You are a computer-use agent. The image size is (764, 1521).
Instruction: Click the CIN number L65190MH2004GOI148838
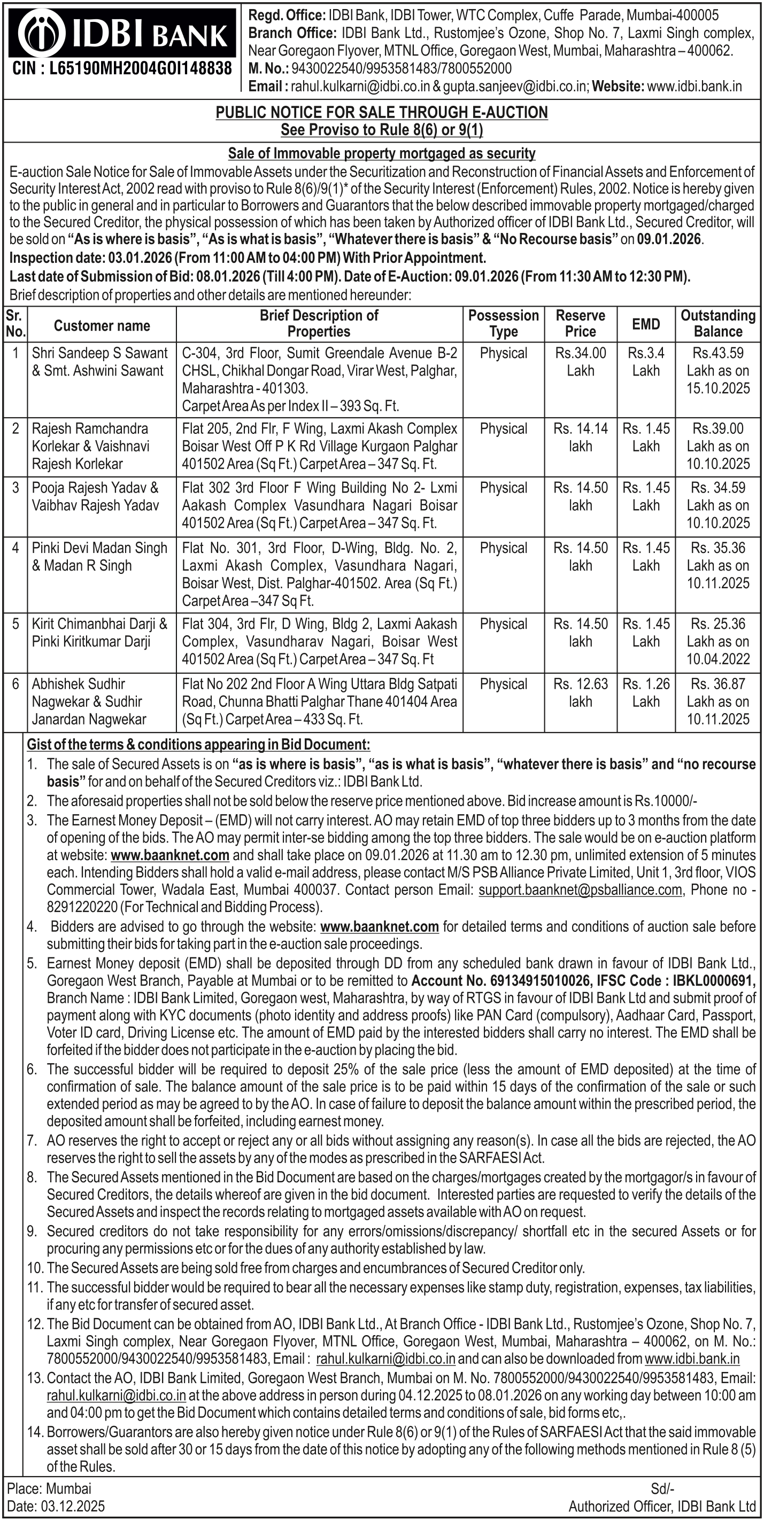pyautogui.click(x=122, y=69)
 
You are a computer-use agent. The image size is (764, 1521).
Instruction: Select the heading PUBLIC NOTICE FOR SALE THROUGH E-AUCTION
pyautogui.click(x=382, y=112)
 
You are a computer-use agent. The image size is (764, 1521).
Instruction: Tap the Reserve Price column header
pyautogui.click(x=580, y=324)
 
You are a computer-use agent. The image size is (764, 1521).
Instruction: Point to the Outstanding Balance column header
pyautogui.click(x=718, y=324)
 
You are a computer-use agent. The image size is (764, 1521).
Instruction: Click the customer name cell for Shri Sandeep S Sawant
pyautogui.click(x=100, y=362)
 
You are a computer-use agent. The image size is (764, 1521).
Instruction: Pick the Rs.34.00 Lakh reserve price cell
pyautogui.click(x=580, y=362)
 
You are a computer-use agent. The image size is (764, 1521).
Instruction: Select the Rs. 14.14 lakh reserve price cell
pyautogui.click(x=580, y=438)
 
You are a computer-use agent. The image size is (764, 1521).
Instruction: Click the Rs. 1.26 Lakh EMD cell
pyautogui.click(x=646, y=692)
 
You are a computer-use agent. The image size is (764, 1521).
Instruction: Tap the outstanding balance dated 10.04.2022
pyautogui.click(x=718, y=641)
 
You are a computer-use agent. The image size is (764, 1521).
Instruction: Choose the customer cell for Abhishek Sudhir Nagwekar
pyautogui.click(x=89, y=701)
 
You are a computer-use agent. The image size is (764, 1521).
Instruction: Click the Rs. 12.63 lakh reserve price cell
pyautogui.click(x=580, y=692)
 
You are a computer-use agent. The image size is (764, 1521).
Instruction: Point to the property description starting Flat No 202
pyautogui.click(x=320, y=701)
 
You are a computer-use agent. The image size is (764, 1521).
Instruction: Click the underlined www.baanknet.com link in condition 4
pyautogui.click(x=380, y=926)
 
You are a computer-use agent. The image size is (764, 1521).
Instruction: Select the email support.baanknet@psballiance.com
pyautogui.click(x=580, y=890)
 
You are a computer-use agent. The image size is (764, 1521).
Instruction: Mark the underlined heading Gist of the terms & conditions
pyautogui.click(x=199, y=745)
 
